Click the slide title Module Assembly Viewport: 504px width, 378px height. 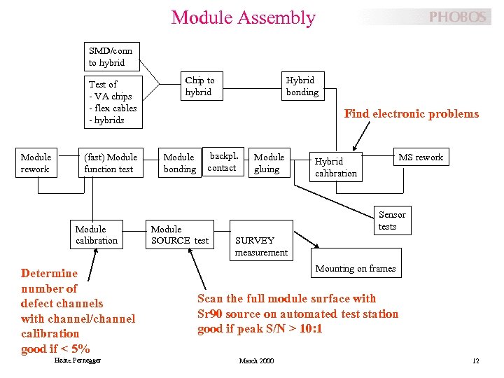click(x=243, y=17)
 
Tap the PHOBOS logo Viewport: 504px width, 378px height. click(x=457, y=17)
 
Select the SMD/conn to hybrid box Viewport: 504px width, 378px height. click(x=111, y=57)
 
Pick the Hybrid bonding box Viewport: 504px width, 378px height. click(x=302, y=86)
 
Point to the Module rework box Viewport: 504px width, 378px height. click(x=36, y=163)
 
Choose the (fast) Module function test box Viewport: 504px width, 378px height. click(x=111, y=163)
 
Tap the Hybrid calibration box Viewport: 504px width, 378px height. click(x=336, y=167)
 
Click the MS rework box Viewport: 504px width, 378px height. click(x=420, y=157)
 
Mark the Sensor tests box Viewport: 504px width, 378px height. click(x=391, y=220)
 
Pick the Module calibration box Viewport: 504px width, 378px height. click(x=97, y=234)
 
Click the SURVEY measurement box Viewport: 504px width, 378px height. click(x=261, y=246)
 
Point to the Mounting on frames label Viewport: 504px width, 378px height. click(x=355, y=269)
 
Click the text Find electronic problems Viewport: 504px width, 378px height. click(x=412, y=114)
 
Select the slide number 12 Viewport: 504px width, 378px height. click(x=475, y=361)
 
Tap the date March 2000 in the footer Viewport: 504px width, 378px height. click(x=256, y=361)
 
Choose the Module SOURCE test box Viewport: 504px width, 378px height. click(x=180, y=234)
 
